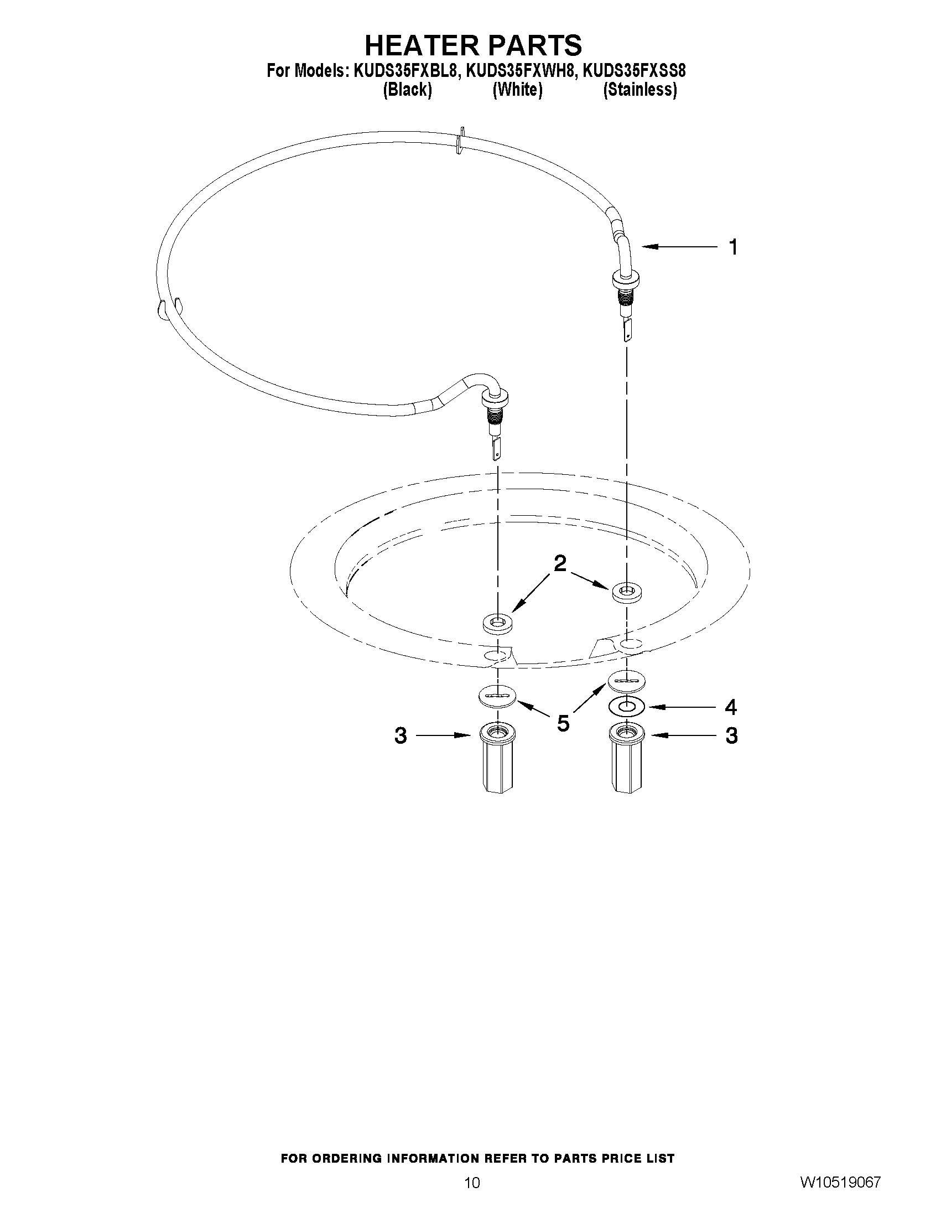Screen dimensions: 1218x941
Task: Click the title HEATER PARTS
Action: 473,45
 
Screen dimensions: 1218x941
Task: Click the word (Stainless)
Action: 640,90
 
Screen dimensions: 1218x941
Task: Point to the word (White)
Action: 517,90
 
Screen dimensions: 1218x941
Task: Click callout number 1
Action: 734,247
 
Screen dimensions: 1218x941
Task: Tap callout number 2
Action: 560,564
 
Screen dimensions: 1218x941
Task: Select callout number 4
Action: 731,707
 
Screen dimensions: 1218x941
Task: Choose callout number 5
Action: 563,723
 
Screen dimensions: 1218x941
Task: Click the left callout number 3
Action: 401,736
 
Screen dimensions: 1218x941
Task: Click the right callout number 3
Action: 731,736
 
